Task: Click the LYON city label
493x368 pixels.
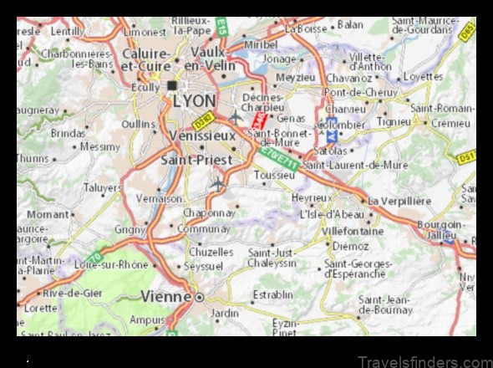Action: tap(194, 100)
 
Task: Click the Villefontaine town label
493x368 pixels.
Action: tap(353, 230)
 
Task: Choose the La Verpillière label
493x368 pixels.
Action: tap(399, 201)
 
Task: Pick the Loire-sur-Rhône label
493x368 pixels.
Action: tap(111, 265)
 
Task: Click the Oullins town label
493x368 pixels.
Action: tap(138, 124)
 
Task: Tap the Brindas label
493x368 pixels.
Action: tap(69, 132)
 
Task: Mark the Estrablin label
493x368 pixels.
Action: tap(272, 294)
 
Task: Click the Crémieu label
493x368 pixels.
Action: tap(451, 122)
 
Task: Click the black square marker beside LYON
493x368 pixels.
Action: tap(172, 84)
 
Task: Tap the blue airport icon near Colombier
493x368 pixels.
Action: tap(332, 136)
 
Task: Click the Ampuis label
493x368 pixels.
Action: tap(147, 319)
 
